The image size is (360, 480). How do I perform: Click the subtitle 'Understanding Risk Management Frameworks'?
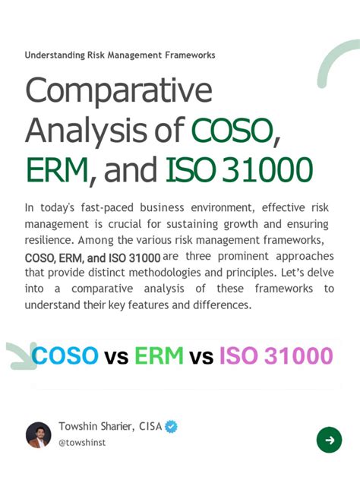click(119, 55)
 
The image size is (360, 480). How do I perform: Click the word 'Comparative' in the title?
click(118, 92)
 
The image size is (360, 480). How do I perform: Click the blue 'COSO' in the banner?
click(65, 355)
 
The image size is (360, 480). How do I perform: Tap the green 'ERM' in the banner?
click(159, 355)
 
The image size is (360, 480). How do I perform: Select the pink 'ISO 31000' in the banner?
click(276, 355)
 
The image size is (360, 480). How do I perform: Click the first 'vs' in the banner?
click(116, 356)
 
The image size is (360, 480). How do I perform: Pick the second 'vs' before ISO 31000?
click(201, 356)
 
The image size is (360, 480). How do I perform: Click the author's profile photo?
click(39, 435)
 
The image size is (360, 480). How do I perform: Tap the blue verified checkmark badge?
click(172, 427)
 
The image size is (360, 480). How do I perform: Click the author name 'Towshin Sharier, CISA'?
click(110, 427)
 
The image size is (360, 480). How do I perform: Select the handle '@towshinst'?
click(82, 442)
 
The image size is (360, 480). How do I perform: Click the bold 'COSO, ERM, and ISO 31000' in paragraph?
click(93, 257)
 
